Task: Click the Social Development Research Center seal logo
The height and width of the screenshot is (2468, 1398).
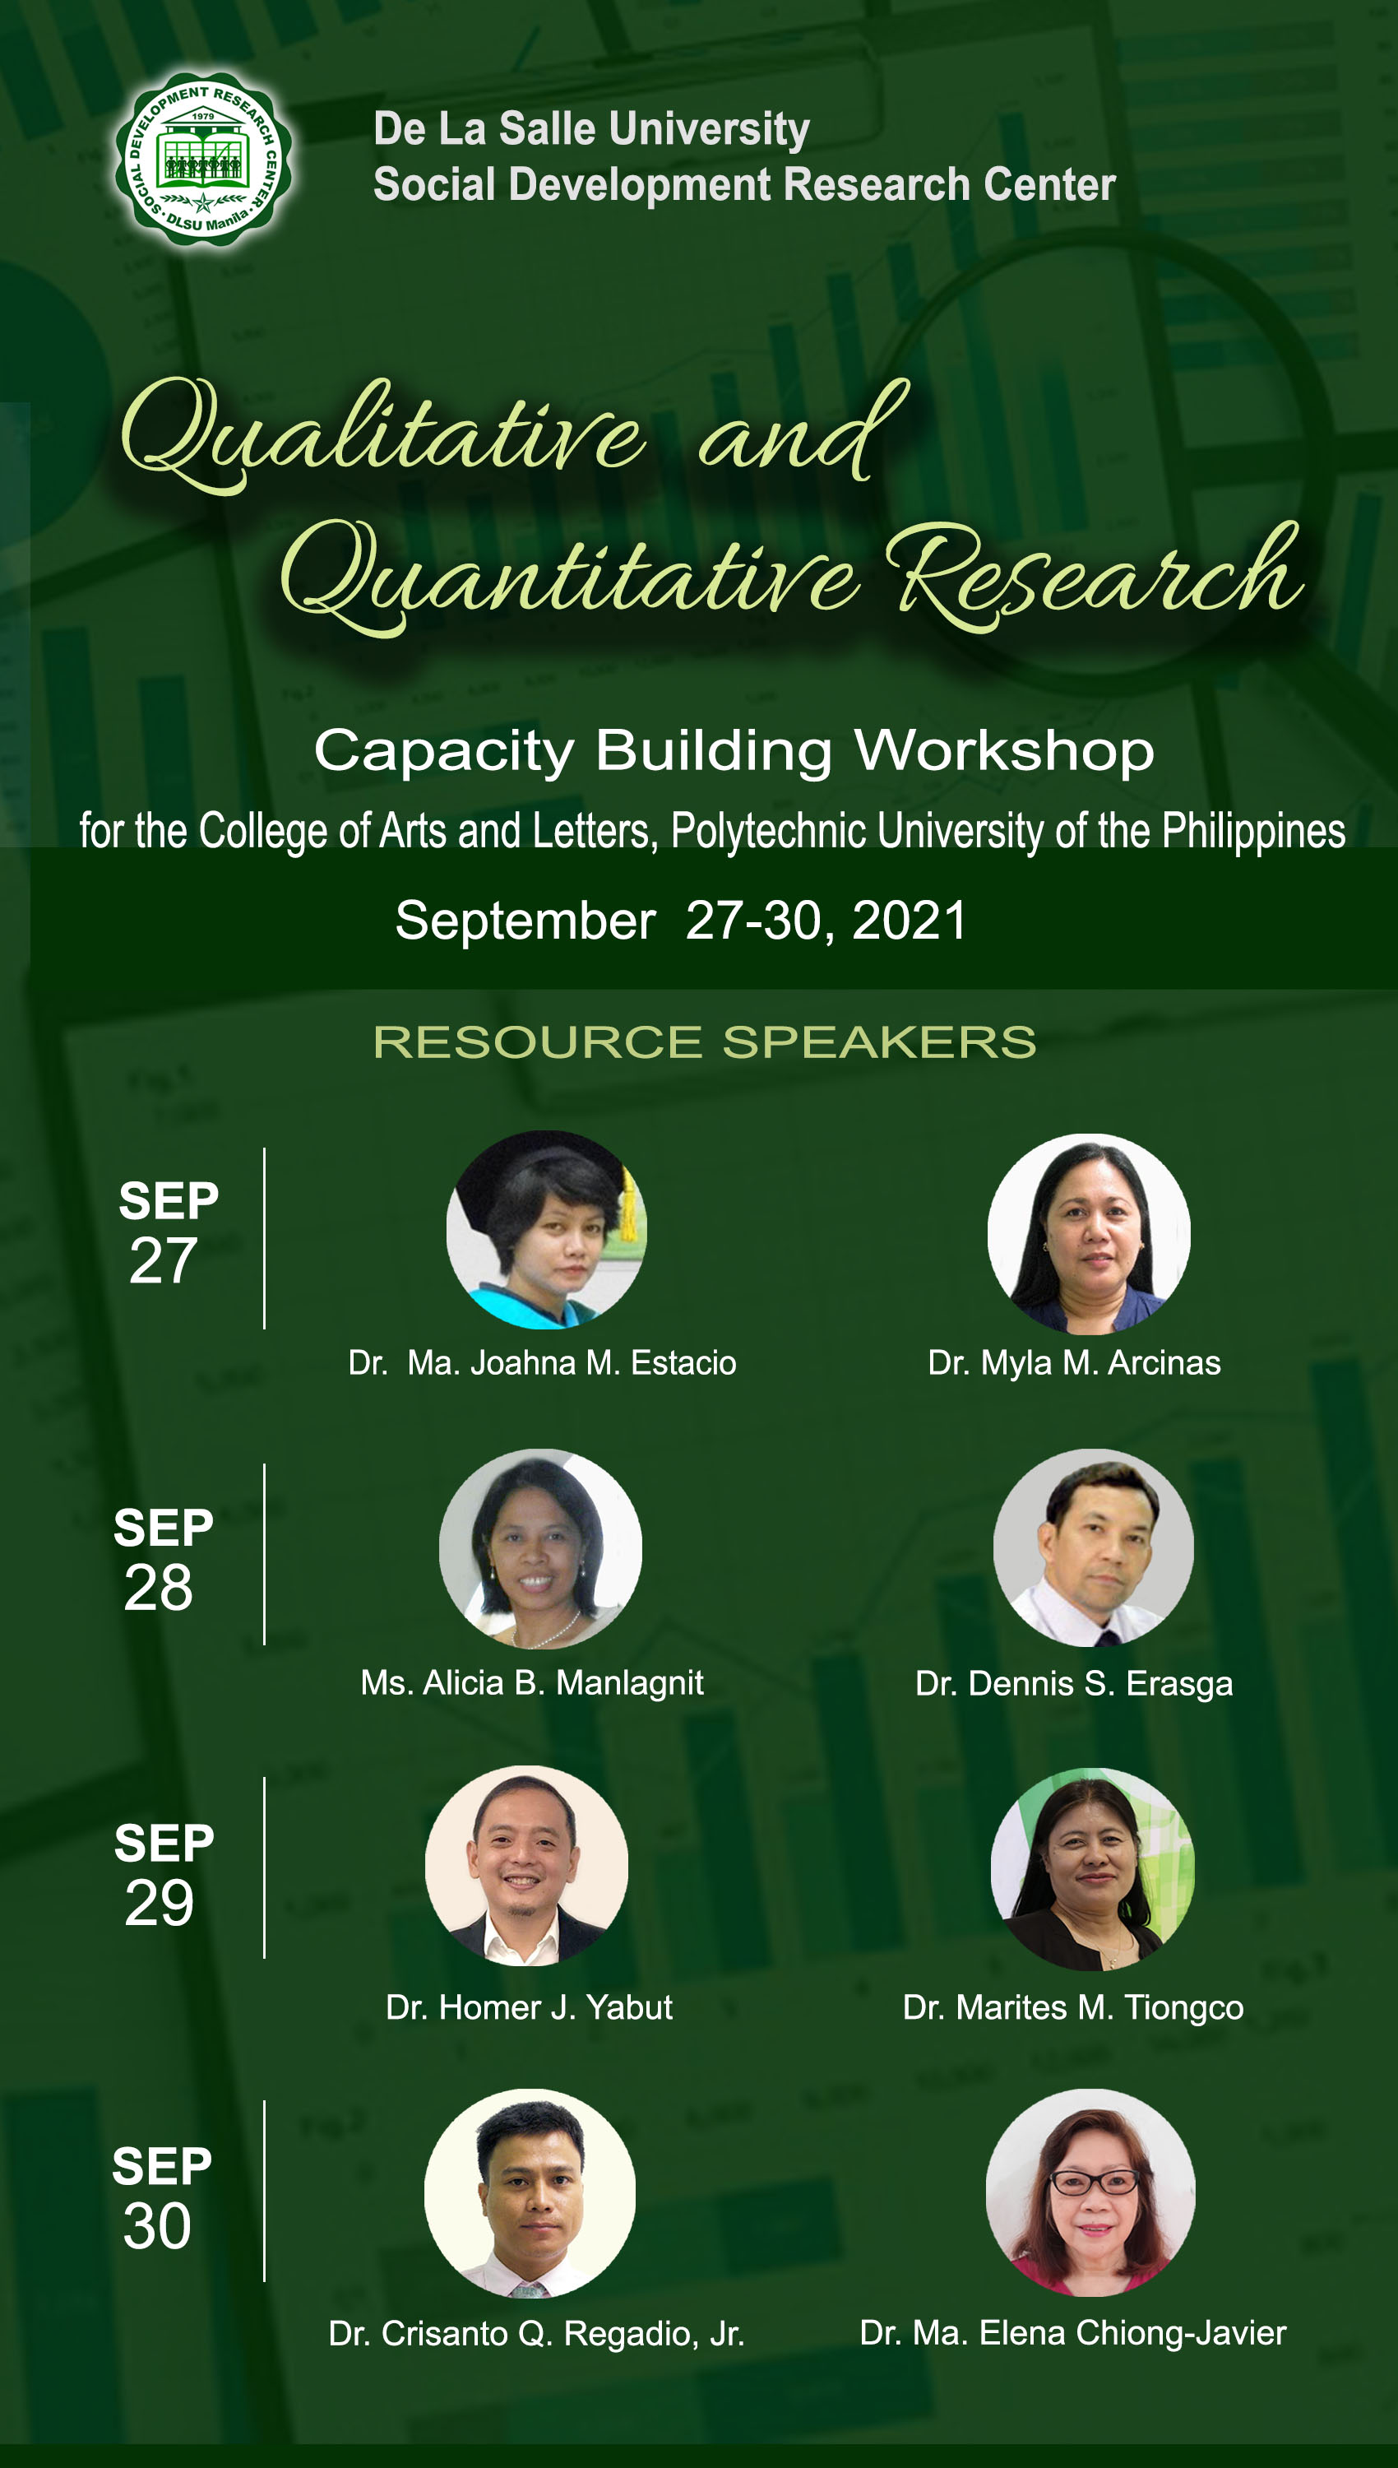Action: (204, 160)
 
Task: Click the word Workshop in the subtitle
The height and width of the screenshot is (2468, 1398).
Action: (1003, 751)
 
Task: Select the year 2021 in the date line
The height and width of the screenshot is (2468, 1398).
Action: (910, 920)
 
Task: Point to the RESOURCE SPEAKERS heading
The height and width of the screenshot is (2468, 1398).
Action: (705, 1042)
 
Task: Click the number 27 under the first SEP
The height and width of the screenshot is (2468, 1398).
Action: (163, 1261)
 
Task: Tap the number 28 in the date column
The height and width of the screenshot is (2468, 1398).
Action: (159, 1588)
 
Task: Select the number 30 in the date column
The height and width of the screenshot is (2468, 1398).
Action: (157, 2226)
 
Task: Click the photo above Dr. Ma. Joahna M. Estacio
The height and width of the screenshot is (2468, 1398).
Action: (546, 1230)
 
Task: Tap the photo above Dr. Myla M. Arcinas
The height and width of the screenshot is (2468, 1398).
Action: (1089, 1234)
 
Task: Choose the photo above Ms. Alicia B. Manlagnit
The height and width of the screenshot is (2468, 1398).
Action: (540, 1549)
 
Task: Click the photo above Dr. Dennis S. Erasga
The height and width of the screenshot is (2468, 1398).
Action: (1094, 1548)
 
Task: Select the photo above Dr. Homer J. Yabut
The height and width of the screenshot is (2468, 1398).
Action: (527, 1866)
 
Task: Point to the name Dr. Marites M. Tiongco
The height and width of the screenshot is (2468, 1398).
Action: (1072, 2007)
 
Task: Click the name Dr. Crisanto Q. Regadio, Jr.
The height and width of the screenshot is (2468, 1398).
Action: (537, 2332)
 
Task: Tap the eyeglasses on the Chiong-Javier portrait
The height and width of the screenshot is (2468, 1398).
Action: (1095, 2182)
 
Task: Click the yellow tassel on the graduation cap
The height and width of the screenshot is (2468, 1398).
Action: (627, 1201)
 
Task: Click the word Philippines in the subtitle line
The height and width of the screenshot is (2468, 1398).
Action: (1253, 832)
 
